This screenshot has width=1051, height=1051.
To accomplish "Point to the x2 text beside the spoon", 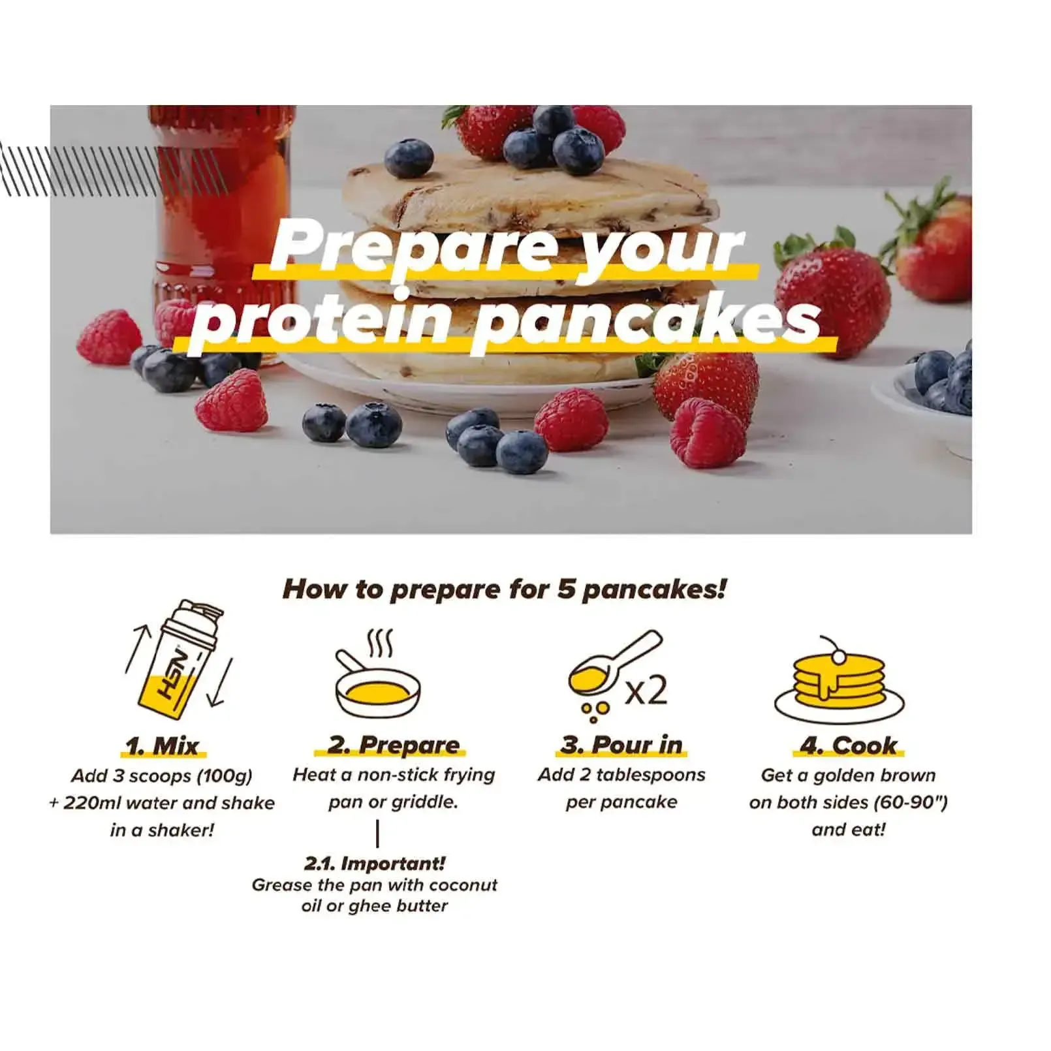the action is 646,690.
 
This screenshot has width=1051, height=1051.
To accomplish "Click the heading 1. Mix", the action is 163,745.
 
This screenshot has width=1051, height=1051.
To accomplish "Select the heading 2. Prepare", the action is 394,745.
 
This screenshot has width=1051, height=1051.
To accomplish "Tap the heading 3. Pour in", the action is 621,745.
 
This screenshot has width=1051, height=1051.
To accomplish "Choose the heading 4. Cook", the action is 849,745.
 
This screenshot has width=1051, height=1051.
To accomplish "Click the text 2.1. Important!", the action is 375,863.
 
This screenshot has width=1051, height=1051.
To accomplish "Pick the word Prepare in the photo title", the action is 415,247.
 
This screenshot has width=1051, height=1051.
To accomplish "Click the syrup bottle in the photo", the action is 221,222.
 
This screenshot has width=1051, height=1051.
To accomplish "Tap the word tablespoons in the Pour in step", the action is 651,775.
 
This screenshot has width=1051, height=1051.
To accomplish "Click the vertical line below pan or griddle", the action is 378,834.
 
